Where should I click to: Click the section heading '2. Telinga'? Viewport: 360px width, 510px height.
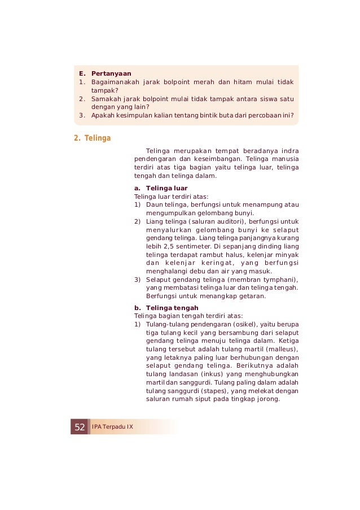pos(93,138)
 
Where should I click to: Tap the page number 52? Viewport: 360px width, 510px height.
pos(80,426)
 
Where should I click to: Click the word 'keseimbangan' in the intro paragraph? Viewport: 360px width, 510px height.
pos(222,159)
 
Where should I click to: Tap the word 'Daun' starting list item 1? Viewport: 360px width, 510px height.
pos(154,204)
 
